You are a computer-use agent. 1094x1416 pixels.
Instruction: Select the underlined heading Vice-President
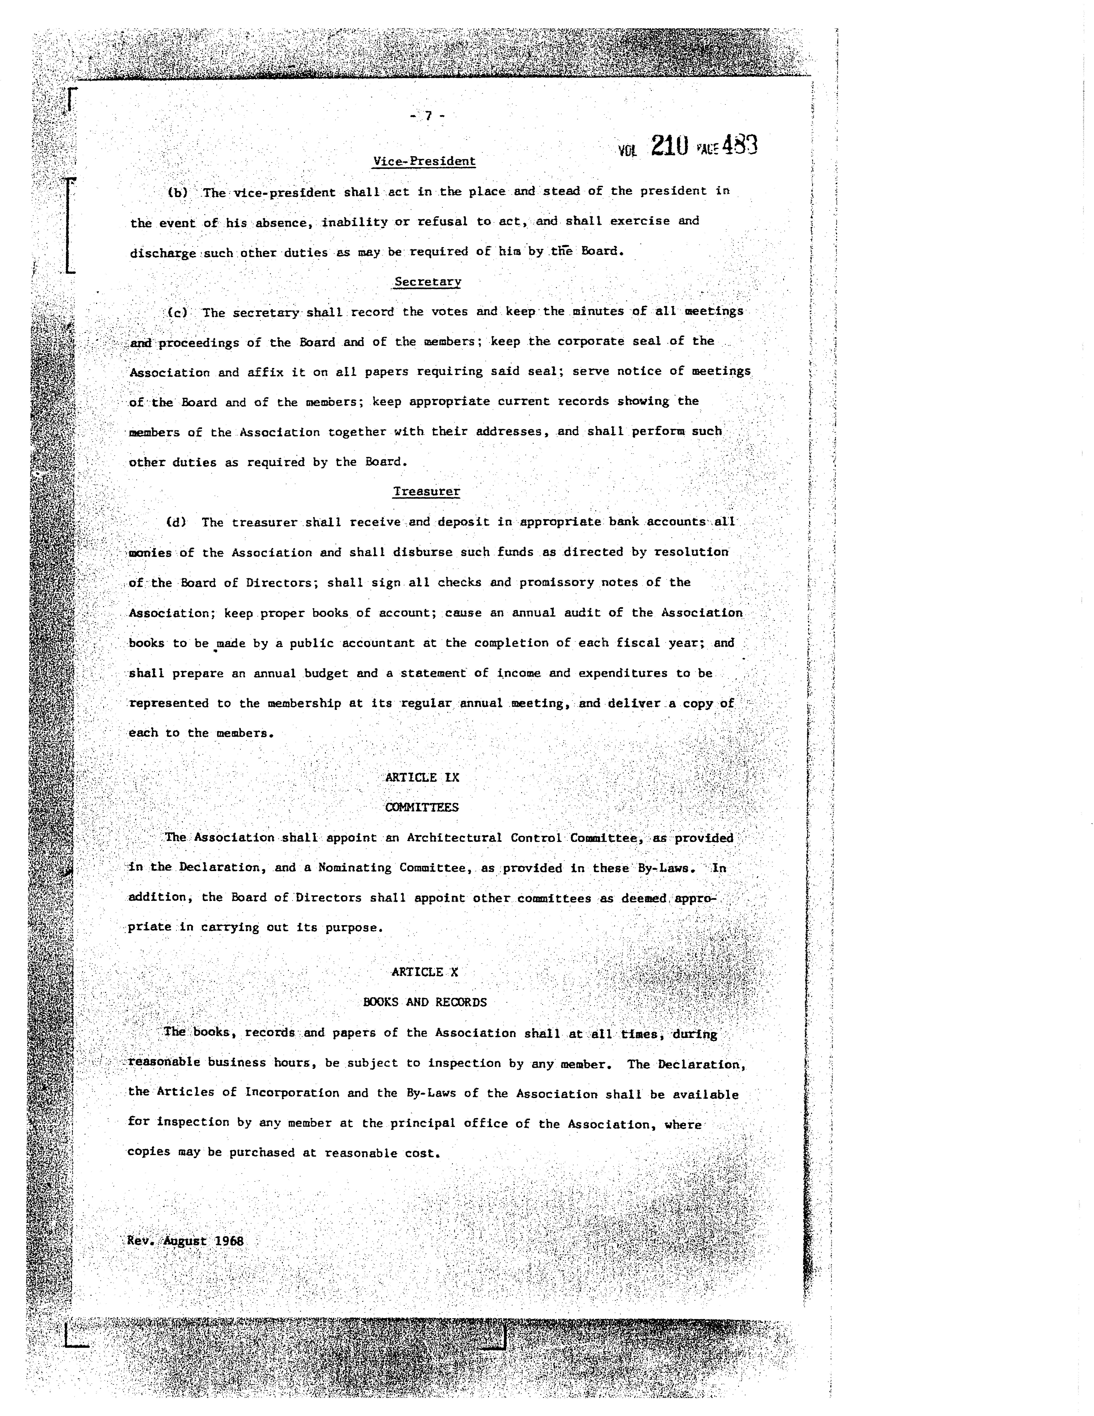(x=425, y=161)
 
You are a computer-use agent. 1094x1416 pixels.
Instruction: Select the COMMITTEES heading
(x=422, y=807)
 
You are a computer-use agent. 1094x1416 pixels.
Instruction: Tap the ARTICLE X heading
(x=425, y=972)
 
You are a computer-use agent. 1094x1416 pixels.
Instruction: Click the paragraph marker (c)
(x=178, y=313)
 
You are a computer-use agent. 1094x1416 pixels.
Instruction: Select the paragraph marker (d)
(x=176, y=522)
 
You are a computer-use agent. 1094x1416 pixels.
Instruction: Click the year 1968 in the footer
(x=229, y=1241)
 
